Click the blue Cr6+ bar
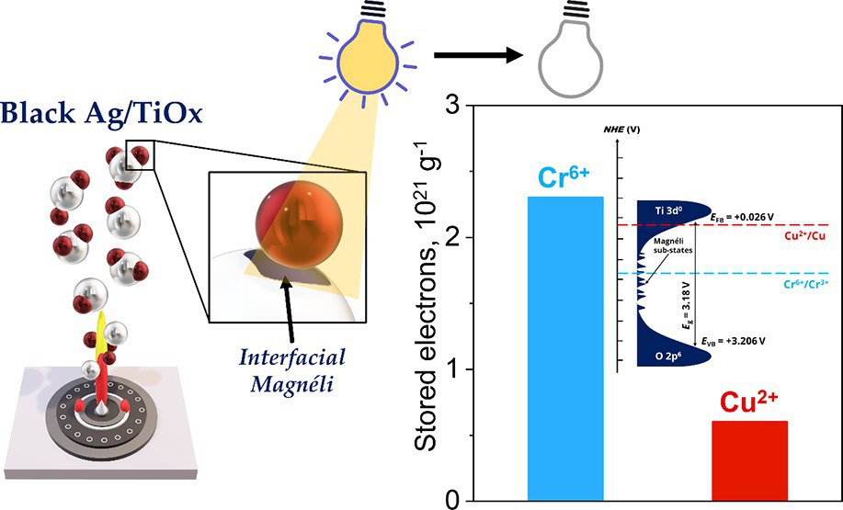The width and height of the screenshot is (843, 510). tap(564, 349)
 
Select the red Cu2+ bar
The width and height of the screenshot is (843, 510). tap(749, 459)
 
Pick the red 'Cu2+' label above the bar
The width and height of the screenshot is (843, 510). tap(748, 400)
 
